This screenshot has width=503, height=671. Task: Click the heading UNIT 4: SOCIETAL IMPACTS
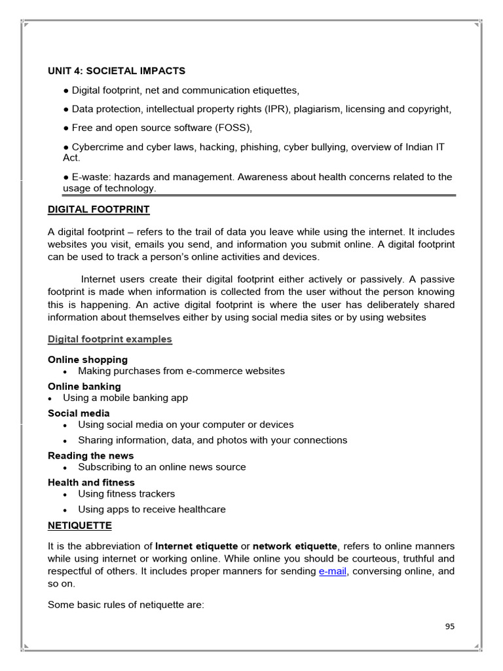pos(117,71)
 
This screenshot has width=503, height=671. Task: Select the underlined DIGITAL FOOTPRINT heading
pos(99,210)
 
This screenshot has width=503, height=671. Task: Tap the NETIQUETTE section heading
pos(80,526)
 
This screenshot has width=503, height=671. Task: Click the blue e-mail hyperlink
pos(333,571)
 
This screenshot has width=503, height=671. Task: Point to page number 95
pos(449,626)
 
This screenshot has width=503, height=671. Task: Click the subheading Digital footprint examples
pos(110,339)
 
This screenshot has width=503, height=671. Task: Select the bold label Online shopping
pos(88,360)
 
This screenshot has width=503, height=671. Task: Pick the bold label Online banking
pos(84,387)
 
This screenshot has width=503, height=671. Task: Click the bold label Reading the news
pos(90,455)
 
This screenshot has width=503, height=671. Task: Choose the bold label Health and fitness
pos(91,482)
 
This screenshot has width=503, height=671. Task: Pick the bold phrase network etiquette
pos(295,546)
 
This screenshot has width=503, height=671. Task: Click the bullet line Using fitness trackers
pos(126,494)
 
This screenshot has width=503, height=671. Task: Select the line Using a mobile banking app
pos(125,398)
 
